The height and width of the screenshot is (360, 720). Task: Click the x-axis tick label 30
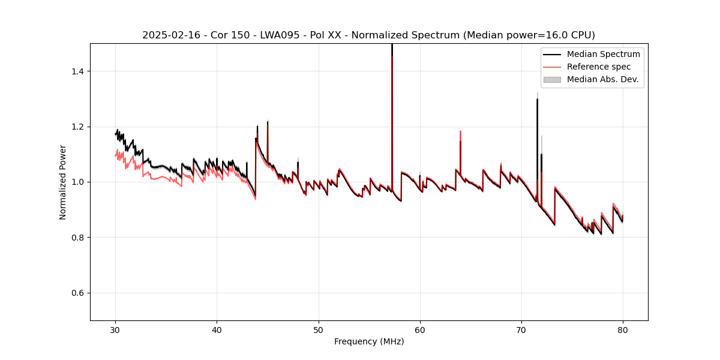(x=116, y=330)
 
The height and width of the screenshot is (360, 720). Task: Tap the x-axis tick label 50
(x=319, y=330)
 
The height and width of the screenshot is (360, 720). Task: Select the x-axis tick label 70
(x=521, y=330)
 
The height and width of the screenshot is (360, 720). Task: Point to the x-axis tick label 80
(x=623, y=330)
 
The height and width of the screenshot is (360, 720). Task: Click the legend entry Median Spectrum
(x=603, y=54)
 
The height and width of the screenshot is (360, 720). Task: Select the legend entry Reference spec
(x=599, y=67)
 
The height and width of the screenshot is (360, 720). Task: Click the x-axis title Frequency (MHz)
(x=369, y=341)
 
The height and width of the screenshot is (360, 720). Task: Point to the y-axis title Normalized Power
(x=63, y=182)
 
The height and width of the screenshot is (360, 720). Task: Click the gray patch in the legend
(x=552, y=79)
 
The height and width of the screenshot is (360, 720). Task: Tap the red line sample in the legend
(x=552, y=67)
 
